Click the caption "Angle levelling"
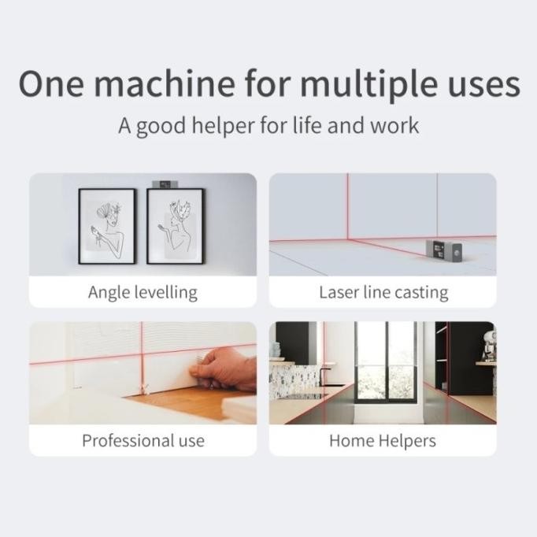point(143,293)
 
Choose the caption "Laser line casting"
point(383,293)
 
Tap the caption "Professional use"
point(143,440)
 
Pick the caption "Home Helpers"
point(383,440)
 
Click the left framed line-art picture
point(107,226)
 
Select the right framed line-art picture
point(174,226)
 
